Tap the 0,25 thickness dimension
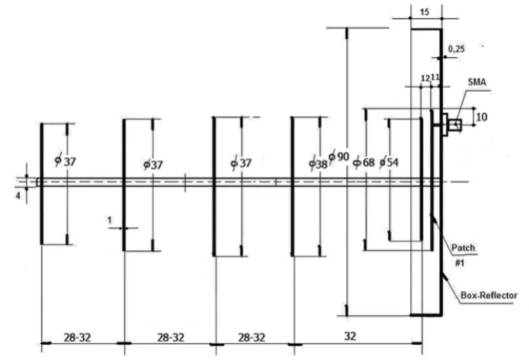(x=457, y=48)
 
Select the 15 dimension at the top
(x=425, y=12)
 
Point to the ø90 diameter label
(x=339, y=156)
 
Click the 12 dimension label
(x=425, y=78)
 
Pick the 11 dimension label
(x=435, y=78)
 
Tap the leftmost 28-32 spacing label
(x=80, y=336)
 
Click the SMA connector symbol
(x=455, y=124)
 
